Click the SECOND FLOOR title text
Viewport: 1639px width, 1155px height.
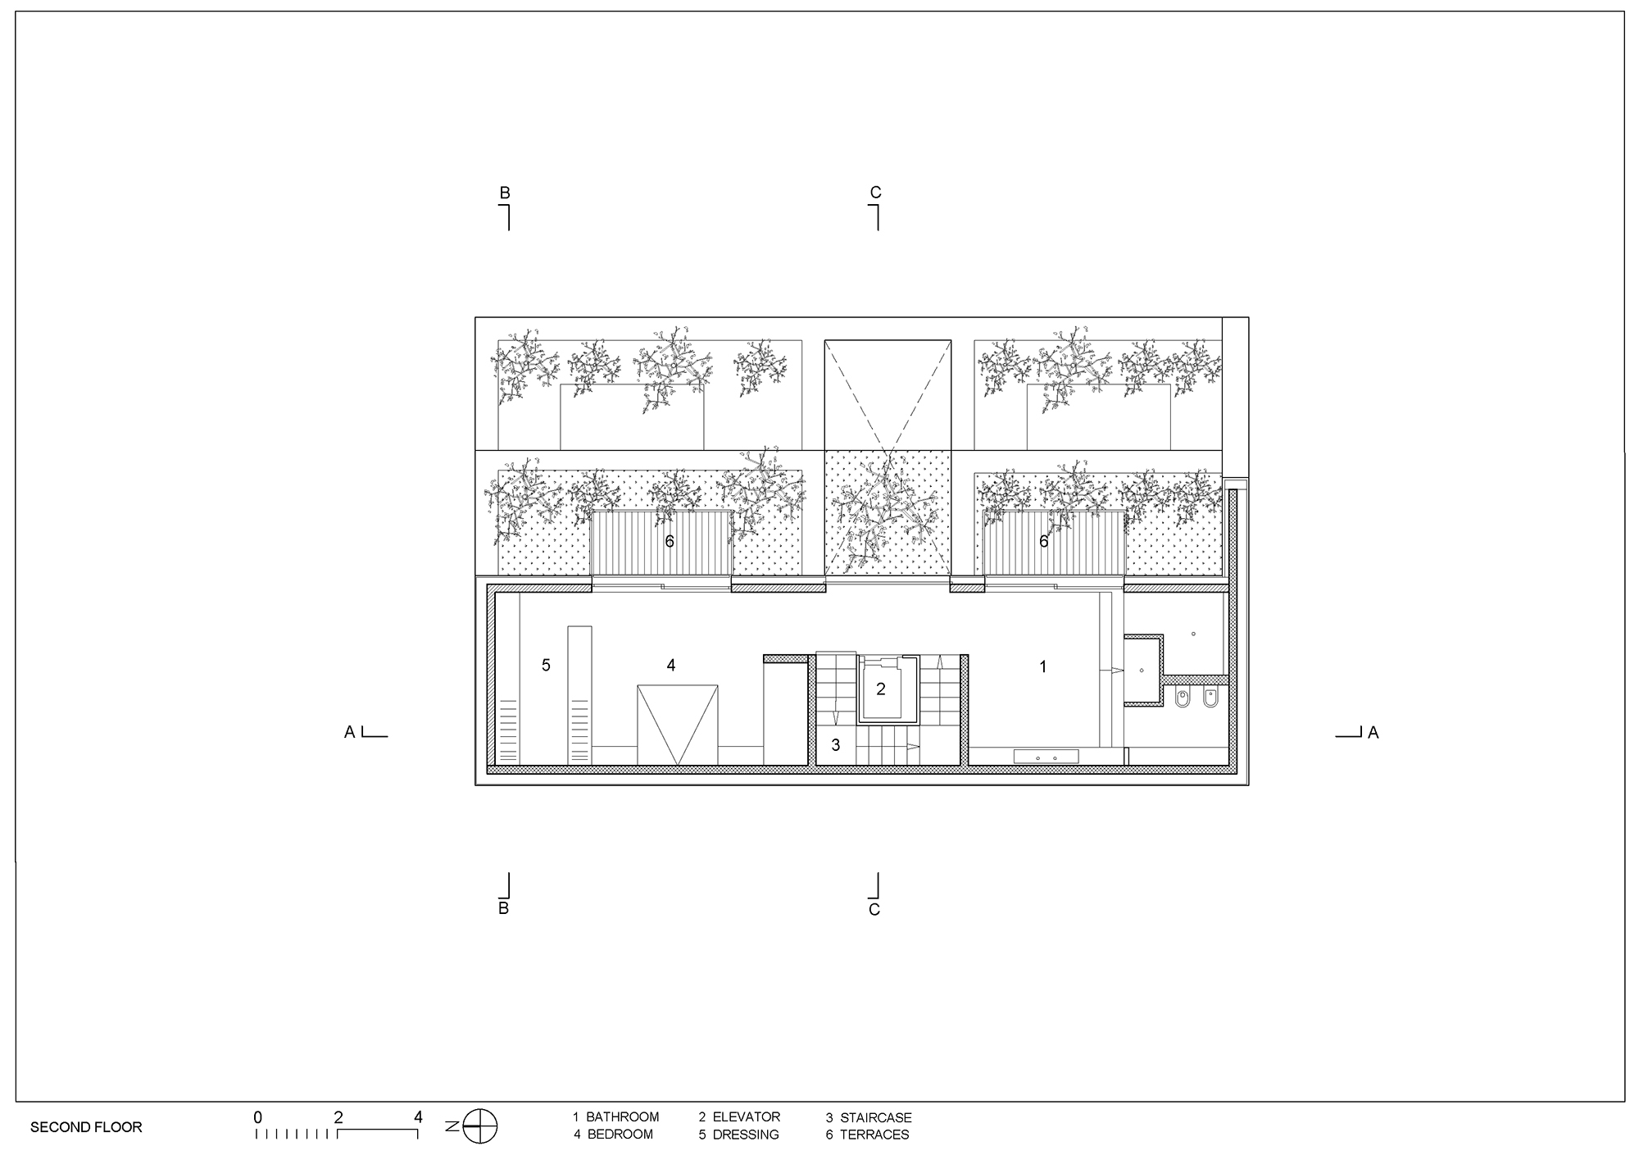coord(86,1127)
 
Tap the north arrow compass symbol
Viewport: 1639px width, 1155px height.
coord(480,1125)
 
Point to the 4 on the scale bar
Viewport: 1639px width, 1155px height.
coord(418,1116)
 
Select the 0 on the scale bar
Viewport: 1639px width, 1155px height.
coord(258,1116)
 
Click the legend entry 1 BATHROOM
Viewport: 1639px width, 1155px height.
coord(615,1116)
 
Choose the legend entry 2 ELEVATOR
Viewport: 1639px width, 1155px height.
coord(739,1116)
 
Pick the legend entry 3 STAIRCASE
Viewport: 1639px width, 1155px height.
coord(869,1117)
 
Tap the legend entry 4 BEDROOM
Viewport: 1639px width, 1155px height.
coord(613,1135)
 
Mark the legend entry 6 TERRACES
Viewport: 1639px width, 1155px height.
coord(868,1135)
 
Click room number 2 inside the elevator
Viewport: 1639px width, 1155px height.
coord(881,689)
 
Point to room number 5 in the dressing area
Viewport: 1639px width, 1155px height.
coord(546,665)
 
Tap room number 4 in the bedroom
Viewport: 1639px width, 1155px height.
coord(671,665)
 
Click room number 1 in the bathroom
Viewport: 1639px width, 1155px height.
coord(1043,666)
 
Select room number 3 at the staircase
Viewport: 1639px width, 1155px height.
coord(836,745)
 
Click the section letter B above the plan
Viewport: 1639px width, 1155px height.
coord(505,193)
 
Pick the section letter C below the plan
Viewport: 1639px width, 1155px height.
coord(874,910)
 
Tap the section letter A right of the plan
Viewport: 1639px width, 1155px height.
coord(1373,733)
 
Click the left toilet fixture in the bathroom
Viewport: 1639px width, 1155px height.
coord(1182,699)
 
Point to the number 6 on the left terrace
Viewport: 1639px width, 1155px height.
coord(670,541)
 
